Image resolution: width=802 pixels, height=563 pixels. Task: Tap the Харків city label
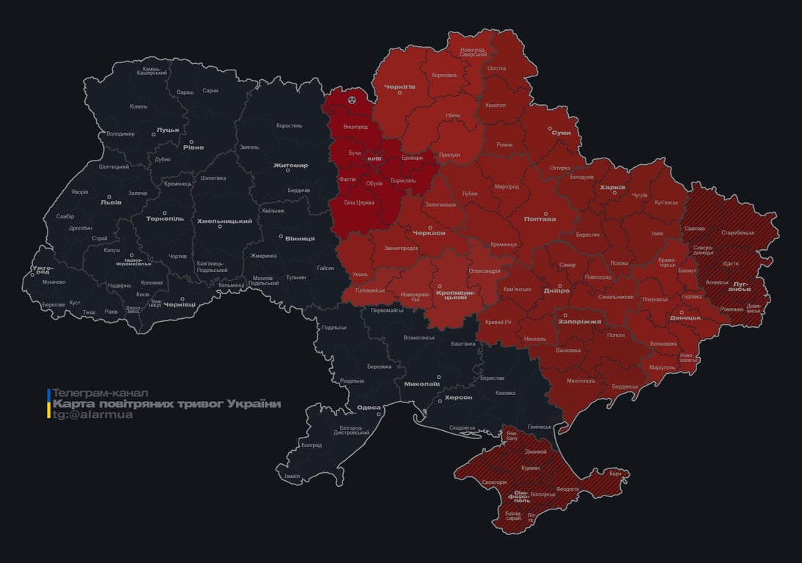pyautogui.click(x=612, y=188)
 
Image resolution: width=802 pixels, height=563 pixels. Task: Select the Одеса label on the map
pyautogui.click(x=368, y=408)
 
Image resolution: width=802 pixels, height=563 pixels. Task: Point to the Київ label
pyautogui.click(x=374, y=158)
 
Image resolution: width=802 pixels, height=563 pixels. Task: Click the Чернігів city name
pyautogui.click(x=400, y=87)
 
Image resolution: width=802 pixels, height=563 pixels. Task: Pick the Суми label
pyautogui.click(x=561, y=133)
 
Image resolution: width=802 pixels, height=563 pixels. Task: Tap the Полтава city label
pyautogui.click(x=540, y=219)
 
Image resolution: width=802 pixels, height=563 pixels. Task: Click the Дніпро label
pyautogui.click(x=557, y=291)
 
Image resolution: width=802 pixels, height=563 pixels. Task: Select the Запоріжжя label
pyautogui.click(x=579, y=321)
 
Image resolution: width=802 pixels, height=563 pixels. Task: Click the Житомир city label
pyautogui.click(x=290, y=166)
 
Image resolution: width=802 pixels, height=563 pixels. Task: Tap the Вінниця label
pyautogui.click(x=300, y=238)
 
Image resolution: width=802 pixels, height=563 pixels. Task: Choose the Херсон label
pyautogui.click(x=458, y=397)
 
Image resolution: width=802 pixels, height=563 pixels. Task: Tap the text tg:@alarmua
pyautogui.click(x=92, y=415)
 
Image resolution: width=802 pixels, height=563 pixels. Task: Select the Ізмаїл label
pyautogui.click(x=292, y=476)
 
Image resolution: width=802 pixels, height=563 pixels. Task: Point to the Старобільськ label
pyautogui.click(x=737, y=232)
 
